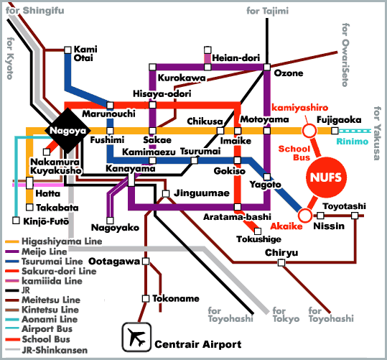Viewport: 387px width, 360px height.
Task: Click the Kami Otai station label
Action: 85,53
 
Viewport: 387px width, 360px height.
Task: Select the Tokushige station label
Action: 256,240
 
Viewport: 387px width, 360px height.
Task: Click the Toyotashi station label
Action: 344,206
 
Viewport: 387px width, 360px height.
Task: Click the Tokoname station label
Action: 173,298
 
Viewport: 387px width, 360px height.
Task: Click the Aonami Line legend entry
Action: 50,318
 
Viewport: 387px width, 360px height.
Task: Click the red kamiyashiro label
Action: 295,106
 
